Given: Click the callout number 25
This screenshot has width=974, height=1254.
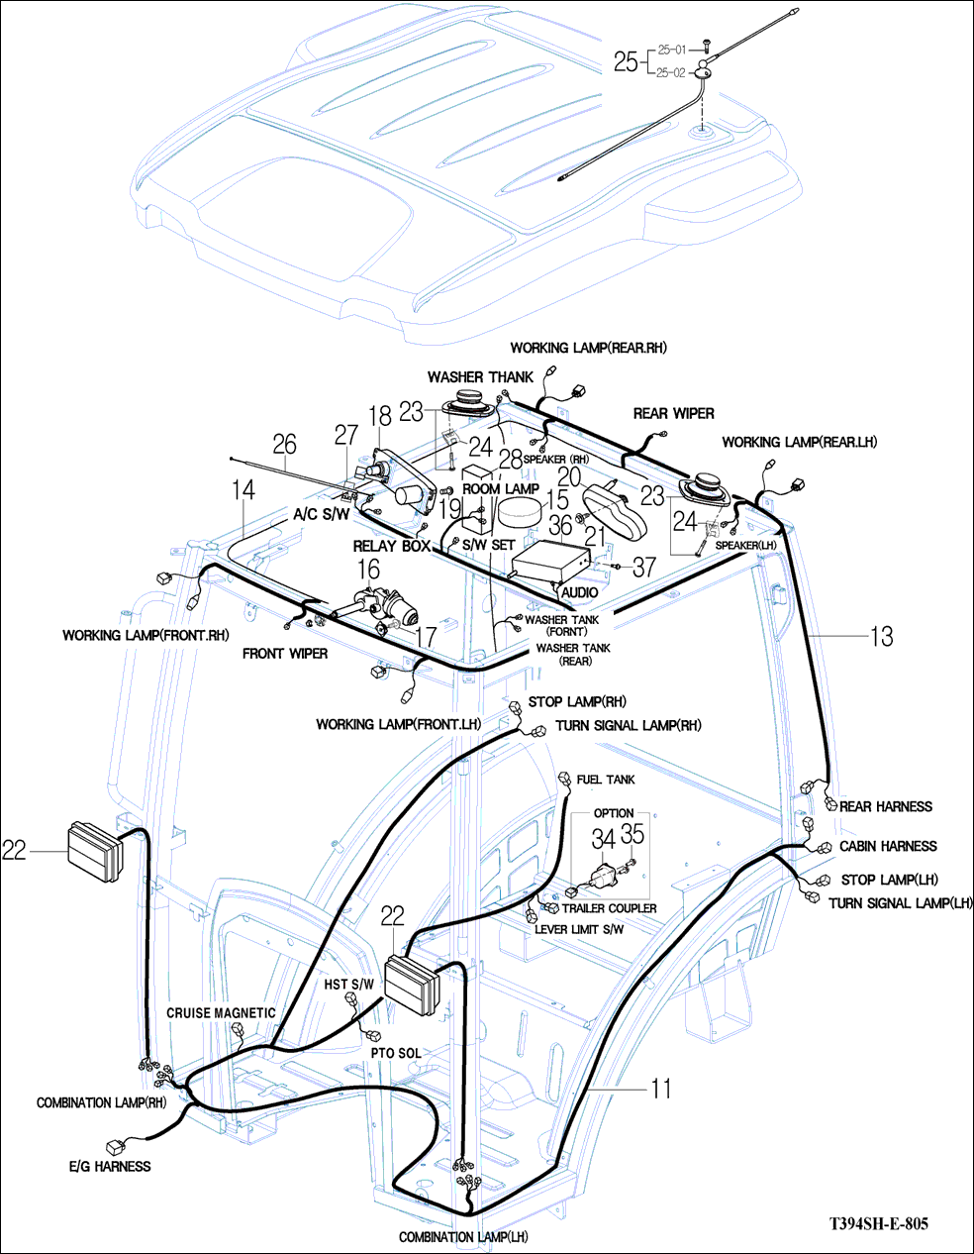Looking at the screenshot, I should tap(626, 62).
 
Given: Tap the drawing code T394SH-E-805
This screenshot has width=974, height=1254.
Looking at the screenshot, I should tap(879, 1223).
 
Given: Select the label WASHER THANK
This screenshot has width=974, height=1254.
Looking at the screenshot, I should tap(480, 377).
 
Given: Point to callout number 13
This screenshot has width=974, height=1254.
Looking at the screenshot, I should tap(881, 636).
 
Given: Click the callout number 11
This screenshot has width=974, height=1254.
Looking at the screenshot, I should tap(661, 1089).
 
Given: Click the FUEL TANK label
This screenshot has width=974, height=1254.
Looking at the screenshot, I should tap(606, 780).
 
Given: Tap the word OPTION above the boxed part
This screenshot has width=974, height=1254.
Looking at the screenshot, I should tap(614, 813).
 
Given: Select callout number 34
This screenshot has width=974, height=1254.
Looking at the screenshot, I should tap(603, 838).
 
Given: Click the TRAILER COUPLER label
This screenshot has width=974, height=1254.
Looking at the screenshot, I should tap(609, 908).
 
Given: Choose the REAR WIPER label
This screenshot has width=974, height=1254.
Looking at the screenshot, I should tap(673, 413).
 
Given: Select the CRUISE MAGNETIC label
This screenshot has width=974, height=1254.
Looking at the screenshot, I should tap(220, 1013).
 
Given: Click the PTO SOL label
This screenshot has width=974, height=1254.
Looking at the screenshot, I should tap(396, 1052).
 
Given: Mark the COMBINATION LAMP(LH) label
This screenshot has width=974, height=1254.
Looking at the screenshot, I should tap(463, 1237).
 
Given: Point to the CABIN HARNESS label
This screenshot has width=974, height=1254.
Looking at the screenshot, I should tap(888, 846).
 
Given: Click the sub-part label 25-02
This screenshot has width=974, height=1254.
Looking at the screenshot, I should tap(671, 72).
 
